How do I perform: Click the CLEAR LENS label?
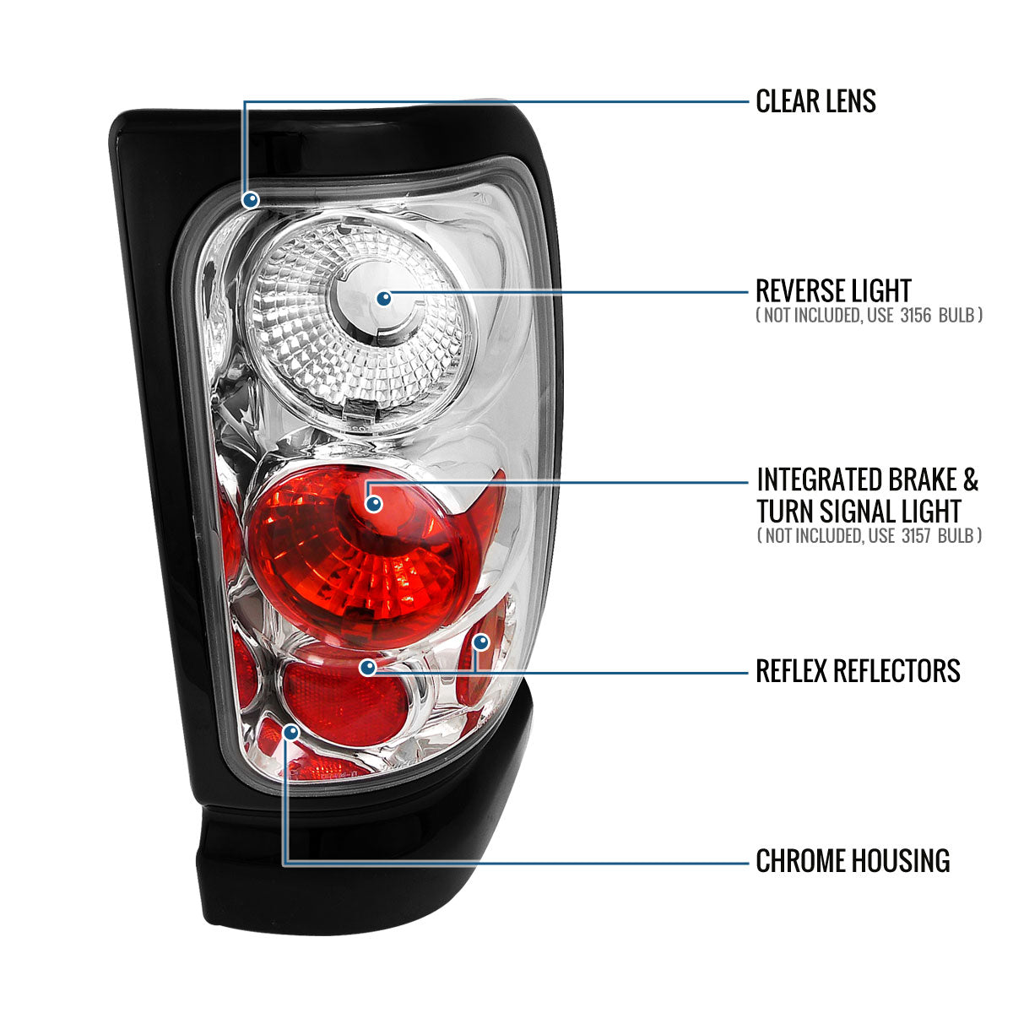tap(815, 101)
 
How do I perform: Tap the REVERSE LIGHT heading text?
tap(832, 291)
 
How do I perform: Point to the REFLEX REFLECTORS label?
tap(858, 671)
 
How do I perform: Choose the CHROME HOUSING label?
tap(853, 861)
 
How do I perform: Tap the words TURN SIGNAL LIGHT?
tap(859, 511)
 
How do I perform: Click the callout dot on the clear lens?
tap(250, 200)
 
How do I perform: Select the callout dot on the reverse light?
tap(384, 298)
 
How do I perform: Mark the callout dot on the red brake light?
tap(374, 504)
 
